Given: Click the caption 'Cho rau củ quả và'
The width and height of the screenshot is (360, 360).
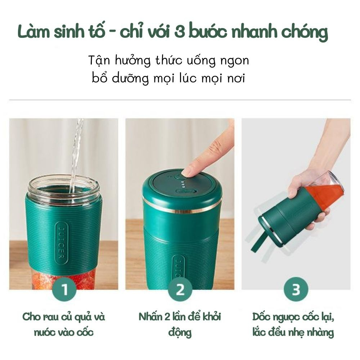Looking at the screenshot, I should pyautogui.click(x=64, y=317).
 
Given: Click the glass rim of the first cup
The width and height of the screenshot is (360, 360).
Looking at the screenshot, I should pyautogui.click(x=63, y=180).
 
